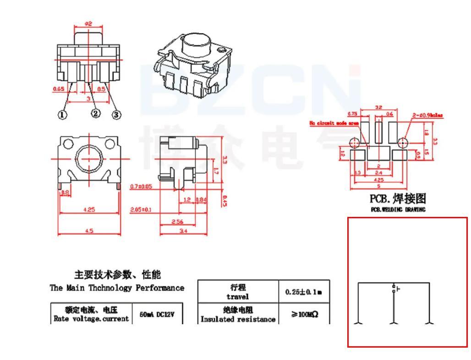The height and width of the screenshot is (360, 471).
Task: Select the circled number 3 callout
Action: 116,115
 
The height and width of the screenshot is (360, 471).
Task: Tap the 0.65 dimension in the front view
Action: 58,89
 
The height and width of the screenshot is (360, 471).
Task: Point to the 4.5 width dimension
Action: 89,231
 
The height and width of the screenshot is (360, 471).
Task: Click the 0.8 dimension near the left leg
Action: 65,193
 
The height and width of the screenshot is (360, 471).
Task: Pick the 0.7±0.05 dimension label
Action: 142,187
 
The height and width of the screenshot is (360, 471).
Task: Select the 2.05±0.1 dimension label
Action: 142,210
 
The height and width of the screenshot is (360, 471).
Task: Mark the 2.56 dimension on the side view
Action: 178,222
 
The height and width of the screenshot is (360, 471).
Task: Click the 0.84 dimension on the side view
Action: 201,200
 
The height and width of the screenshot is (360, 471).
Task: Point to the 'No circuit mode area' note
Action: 334,123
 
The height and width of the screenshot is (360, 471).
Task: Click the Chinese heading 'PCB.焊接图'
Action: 398,199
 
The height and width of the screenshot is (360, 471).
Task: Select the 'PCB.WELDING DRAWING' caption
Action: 398,210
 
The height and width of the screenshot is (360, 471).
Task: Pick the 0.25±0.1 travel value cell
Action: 304,292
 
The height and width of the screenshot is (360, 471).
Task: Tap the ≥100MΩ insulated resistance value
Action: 304,315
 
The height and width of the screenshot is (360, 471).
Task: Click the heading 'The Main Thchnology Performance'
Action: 117,288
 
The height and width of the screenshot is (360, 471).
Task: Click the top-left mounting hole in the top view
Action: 68,144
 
